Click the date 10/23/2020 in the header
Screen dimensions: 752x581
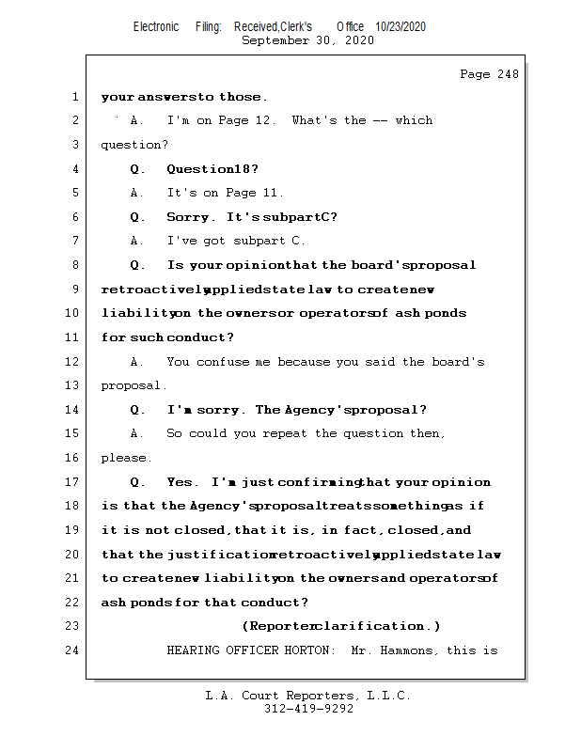(400, 27)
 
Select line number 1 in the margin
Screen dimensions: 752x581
(74, 97)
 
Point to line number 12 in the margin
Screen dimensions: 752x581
(71, 362)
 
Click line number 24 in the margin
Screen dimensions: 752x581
(71, 650)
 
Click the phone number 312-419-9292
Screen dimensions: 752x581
(308, 710)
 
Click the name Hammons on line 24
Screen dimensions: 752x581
(407, 650)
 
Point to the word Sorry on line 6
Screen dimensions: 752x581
(189, 217)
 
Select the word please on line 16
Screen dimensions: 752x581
(124, 459)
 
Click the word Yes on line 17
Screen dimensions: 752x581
(180, 482)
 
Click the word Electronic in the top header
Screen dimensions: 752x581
(156, 27)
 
